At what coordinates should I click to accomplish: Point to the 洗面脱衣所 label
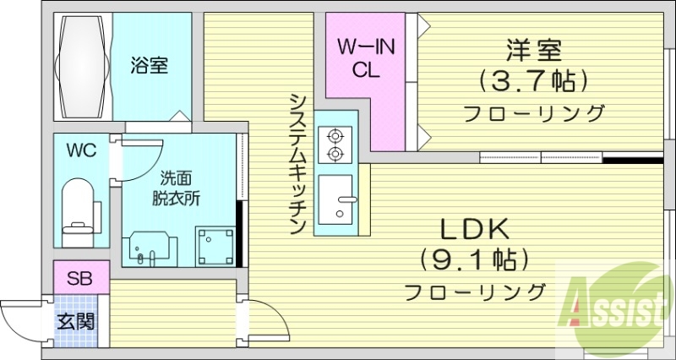[178, 189]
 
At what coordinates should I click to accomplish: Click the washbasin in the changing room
[150, 248]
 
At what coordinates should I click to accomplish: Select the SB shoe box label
[81, 277]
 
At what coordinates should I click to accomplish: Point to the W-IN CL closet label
[366, 58]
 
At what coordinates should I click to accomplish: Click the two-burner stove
[334, 144]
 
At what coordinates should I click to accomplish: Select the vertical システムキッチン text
[297, 164]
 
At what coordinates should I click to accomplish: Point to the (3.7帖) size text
[533, 83]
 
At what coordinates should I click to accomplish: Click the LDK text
[473, 228]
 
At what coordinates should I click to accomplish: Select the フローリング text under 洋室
[533, 113]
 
